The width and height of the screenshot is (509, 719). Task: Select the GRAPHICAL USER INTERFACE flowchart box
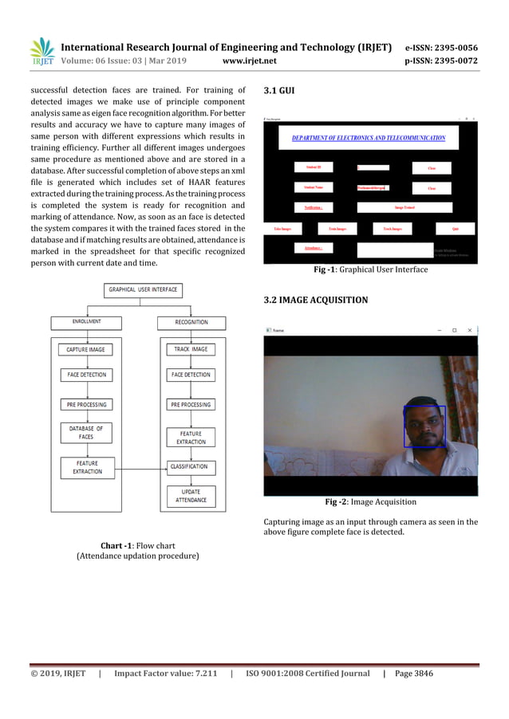coord(144,289)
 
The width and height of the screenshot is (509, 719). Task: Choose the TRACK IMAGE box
coord(190,349)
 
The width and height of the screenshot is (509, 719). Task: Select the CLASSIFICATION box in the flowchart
coord(189,466)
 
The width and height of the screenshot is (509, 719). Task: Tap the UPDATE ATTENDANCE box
coord(190,496)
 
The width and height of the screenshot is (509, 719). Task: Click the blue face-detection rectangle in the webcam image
coord(424,426)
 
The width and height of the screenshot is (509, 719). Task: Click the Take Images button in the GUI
coord(282,229)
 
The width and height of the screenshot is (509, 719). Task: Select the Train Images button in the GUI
coord(337,229)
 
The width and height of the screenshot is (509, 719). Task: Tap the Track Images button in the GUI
coord(393,229)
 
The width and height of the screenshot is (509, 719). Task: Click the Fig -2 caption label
coord(340,502)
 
